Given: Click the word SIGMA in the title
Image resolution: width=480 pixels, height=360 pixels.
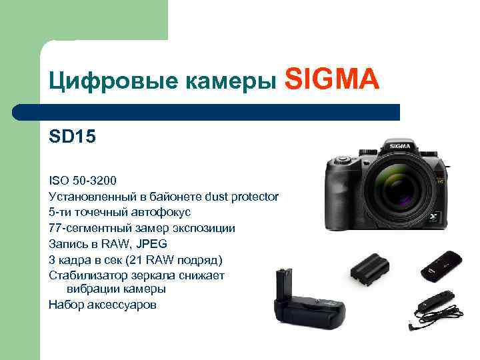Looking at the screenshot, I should pyautogui.click(x=332, y=81).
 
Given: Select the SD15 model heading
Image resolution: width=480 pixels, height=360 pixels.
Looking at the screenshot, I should pyautogui.click(x=72, y=137).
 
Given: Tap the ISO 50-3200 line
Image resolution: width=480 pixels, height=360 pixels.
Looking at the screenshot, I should pyautogui.click(x=82, y=180).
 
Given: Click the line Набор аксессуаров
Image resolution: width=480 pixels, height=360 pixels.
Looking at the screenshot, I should pyautogui.click(x=103, y=305).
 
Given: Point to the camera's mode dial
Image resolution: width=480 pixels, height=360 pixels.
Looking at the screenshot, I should pyautogui.click(x=341, y=159).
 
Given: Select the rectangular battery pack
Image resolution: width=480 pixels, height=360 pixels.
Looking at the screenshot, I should pyautogui.click(x=369, y=268).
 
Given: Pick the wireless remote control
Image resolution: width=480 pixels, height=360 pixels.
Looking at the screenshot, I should pyautogui.click(x=441, y=266).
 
